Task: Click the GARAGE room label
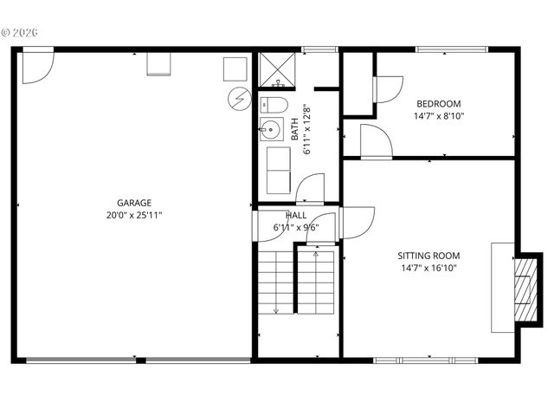(135, 203)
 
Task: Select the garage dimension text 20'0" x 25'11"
(135, 214)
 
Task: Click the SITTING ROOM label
(428, 256)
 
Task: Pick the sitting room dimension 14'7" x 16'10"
(428, 268)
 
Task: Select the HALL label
(295, 216)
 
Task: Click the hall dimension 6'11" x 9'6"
(295, 228)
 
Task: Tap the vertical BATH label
(295, 130)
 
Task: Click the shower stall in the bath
(278, 72)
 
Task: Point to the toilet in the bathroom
(274, 105)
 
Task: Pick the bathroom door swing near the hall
(310, 189)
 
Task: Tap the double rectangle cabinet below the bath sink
(277, 169)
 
